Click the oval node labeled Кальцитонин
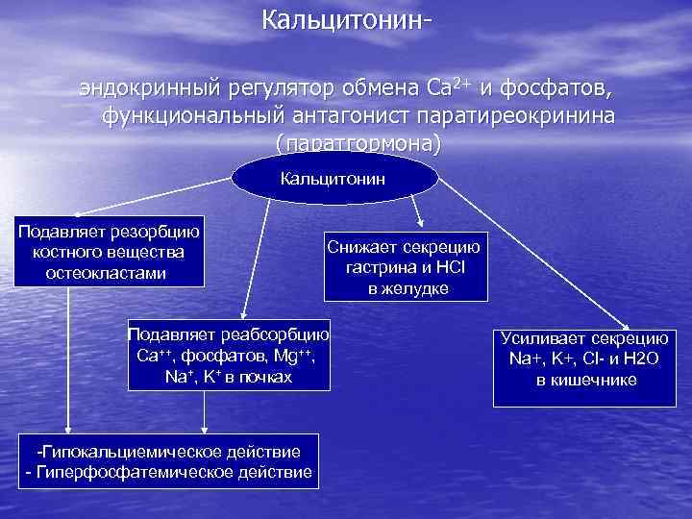point(333,178)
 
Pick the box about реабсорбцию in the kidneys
point(228,355)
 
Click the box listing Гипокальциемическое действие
point(168,462)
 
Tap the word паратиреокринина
point(518,115)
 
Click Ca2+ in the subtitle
point(447,88)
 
